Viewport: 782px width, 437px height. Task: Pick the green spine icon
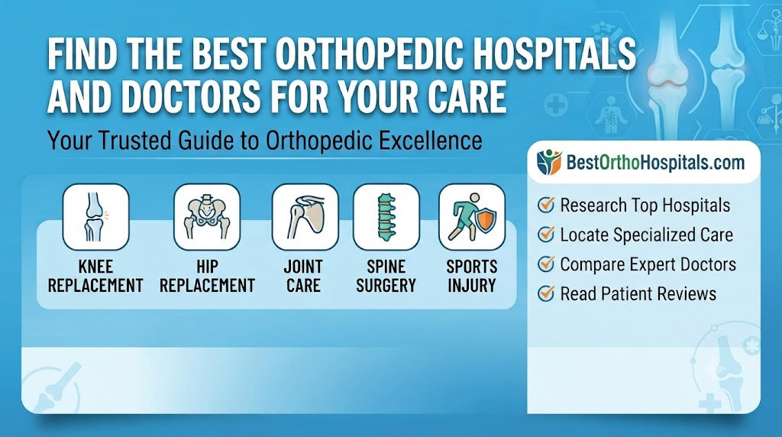[x=386, y=217]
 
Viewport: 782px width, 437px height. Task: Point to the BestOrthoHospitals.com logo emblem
[x=549, y=162]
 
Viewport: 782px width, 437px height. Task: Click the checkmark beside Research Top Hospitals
[x=546, y=205]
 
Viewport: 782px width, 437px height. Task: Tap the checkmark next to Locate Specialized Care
[x=546, y=234]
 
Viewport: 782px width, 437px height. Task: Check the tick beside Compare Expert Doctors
[x=546, y=264]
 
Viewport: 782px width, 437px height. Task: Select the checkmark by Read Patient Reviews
[x=546, y=293]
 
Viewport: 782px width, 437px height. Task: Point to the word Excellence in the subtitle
[x=423, y=140]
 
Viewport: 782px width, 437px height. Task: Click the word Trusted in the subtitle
[x=133, y=140]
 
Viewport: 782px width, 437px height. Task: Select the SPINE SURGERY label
[x=386, y=276]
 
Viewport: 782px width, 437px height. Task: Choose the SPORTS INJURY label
[x=472, y=276]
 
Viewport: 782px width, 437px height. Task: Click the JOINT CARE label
[x=303, y=276]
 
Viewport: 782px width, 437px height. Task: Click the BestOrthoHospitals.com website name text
[x=655, y=163]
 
